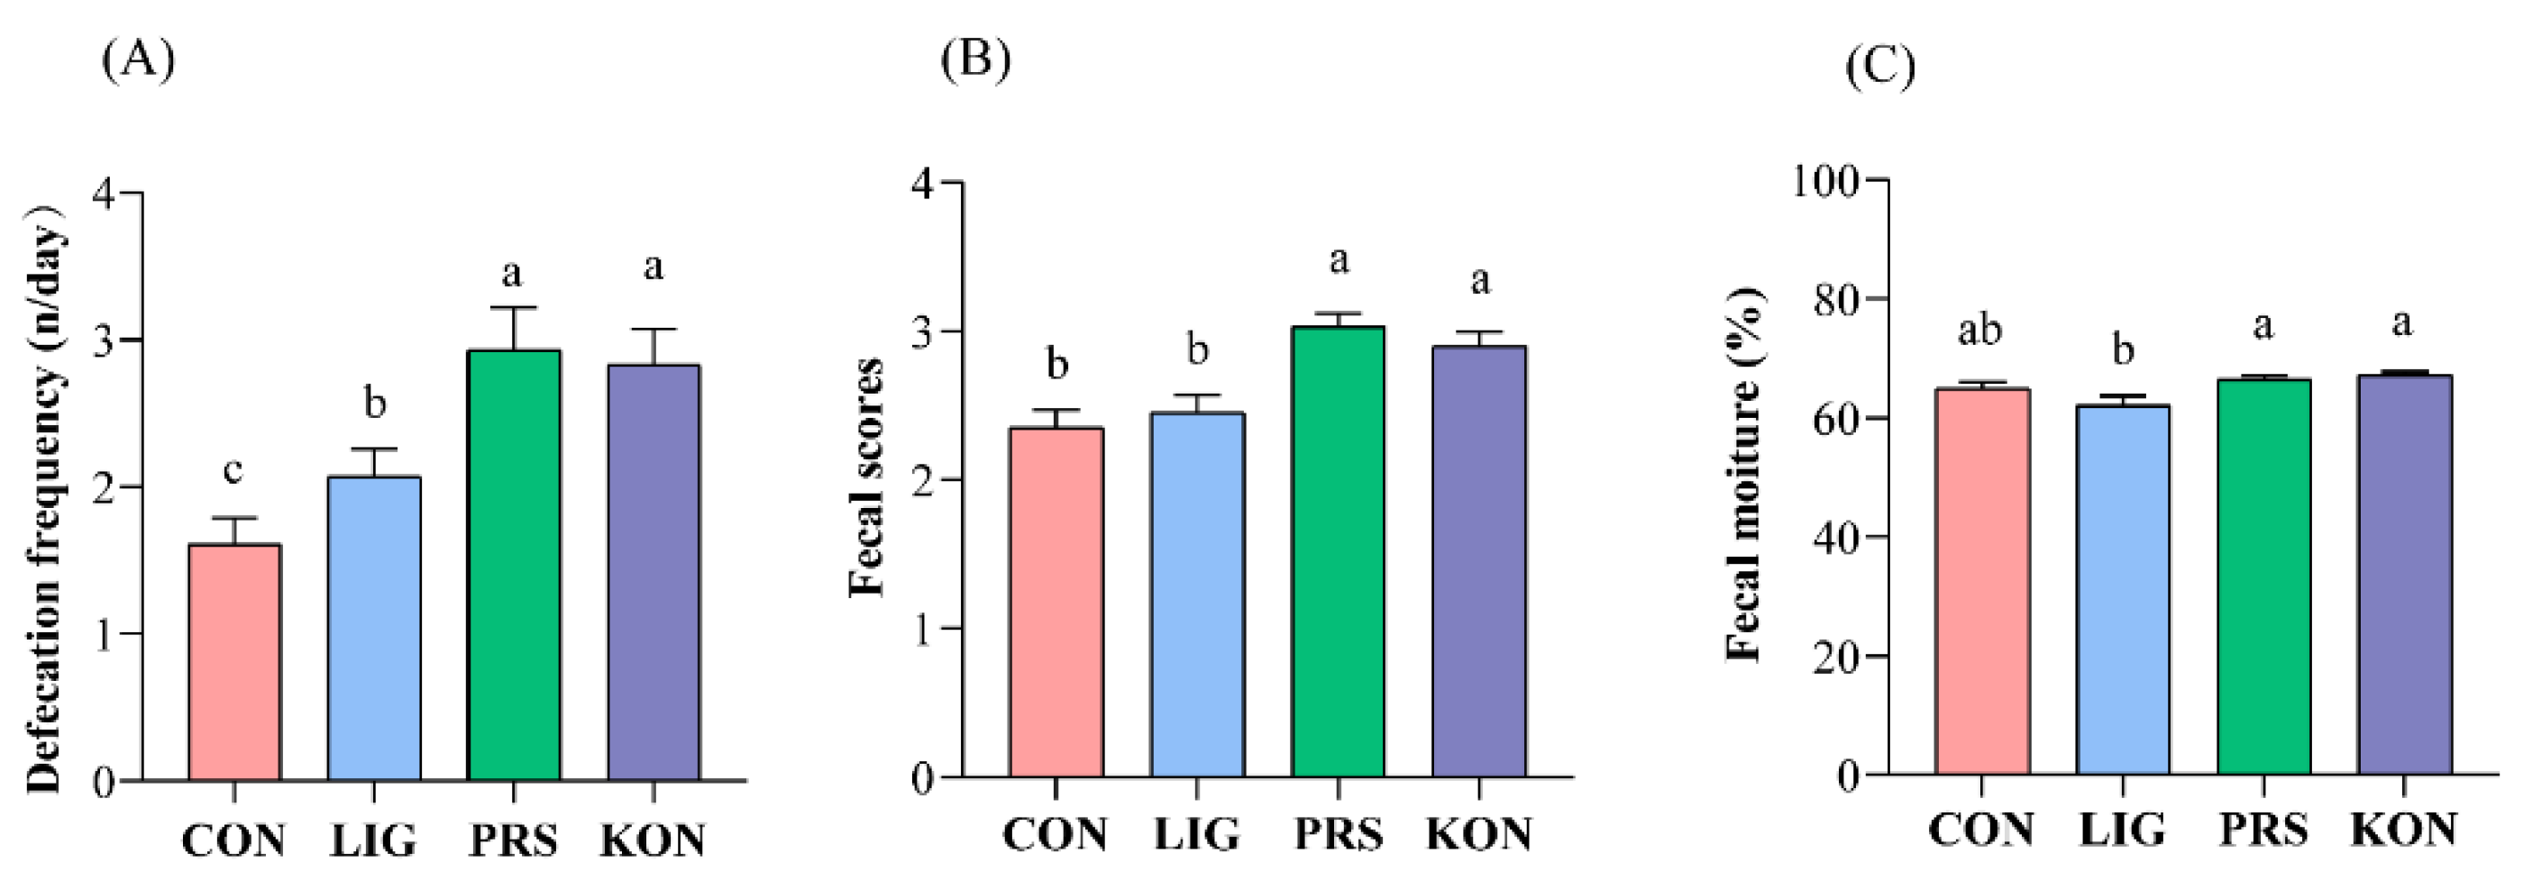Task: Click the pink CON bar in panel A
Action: tap(234, 662)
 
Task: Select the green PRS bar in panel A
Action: tap(513, 565)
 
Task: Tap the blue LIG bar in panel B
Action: tap(1197, 594)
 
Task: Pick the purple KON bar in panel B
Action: tap(1479, 561)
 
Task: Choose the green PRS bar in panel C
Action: tap(2263, 576)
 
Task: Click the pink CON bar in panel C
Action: tap(1981, 582)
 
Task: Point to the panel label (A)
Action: tap(138, 60)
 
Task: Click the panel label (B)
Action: tap(974, 60)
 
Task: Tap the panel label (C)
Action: tap(1879, 67)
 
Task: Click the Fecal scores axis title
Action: tap(867, 477)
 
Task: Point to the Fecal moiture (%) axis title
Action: tap(1743, 474)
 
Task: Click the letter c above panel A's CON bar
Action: tap(233, 471)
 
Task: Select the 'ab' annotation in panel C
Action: tap(1979, 331)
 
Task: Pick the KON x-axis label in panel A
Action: tap(653, 841)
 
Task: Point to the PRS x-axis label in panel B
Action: tap(1338, 835)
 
